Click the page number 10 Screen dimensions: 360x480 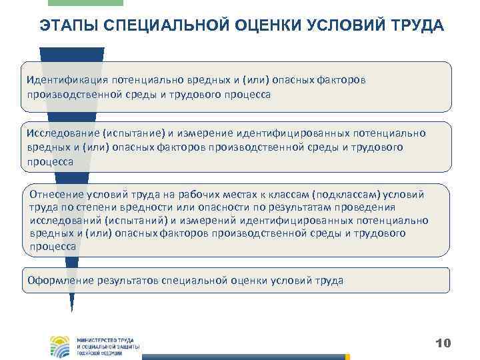(x=443, y=343)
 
